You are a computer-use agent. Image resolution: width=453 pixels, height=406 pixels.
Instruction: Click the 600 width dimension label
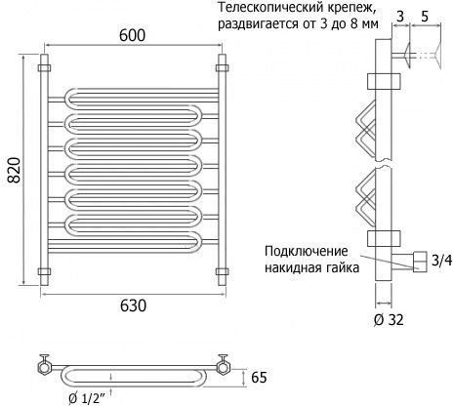point(132,35)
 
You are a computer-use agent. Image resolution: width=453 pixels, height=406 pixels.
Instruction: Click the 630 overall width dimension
point(133,305)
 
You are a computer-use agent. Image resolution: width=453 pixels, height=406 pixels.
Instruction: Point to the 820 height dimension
point(14,170)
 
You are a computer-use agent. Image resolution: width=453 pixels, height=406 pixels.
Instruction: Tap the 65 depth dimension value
point(259,378)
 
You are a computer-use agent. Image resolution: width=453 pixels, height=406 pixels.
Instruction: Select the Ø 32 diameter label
point(389,320)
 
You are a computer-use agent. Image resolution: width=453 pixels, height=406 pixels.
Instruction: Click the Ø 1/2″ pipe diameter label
point(87,398)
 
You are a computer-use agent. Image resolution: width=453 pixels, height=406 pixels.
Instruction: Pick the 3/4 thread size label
point(441,261)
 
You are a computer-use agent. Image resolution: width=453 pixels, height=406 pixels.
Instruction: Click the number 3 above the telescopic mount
point(400,17)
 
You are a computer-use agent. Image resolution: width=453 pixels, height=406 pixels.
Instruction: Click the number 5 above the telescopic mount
point(425,17)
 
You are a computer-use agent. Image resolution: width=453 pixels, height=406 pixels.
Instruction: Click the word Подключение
point(307,251)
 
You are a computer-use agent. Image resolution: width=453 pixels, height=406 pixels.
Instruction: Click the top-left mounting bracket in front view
point(44,68)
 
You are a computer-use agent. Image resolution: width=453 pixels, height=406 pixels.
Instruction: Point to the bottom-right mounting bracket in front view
point(222,271)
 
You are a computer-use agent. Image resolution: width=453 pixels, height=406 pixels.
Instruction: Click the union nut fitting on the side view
point(420,262)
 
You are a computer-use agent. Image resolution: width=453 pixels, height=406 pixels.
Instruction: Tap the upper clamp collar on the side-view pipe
point(384,81)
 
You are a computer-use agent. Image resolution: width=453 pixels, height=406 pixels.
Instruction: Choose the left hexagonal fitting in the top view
point(44,367)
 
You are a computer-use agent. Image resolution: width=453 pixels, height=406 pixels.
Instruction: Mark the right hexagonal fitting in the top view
point(224,367)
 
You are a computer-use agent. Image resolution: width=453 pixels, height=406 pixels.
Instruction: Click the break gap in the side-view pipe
point(384,164)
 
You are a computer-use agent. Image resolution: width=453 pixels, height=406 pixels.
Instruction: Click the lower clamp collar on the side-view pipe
point(384,238)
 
